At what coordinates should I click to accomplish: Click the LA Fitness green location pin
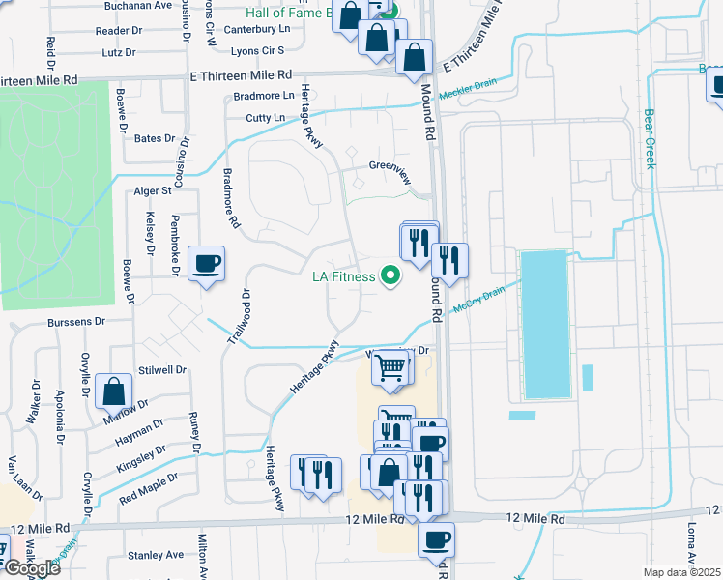pos(391,276)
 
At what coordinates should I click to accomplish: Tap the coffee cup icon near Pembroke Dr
pos(208,263)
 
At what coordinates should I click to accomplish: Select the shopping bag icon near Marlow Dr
pos(114,391)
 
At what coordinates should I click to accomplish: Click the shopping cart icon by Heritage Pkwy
pos(390,366)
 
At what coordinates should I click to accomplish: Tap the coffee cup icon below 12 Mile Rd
pos(437,537)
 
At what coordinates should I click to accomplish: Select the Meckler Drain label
pos(467,94)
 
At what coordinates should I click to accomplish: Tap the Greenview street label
pos(390,165)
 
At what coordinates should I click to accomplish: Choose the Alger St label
pos(152,191)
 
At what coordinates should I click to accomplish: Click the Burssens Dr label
pos(72,320)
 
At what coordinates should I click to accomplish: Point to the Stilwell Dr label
pos(162,369)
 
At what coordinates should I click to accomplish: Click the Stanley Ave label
pos(156,555)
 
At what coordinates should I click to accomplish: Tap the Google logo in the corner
pos(32,567)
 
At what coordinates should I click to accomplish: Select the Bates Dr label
pos(155,139)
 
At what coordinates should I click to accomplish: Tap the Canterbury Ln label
pos(256,29)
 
